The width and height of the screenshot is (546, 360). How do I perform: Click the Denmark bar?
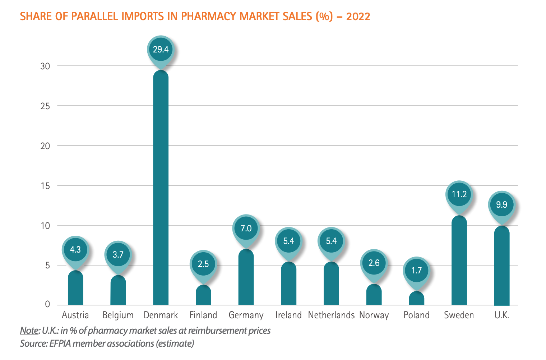tap(161, 187)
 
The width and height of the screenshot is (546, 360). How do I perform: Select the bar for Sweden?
tap(459, 260)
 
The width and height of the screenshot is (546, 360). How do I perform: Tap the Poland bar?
tap(416, 298)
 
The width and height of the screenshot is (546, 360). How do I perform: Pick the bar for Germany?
tap(246, 277)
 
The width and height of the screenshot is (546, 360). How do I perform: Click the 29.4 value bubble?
tap(161, 50)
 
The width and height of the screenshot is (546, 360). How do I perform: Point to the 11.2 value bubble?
tap(459, 194)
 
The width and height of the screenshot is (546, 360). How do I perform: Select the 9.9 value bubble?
tap(501, 205)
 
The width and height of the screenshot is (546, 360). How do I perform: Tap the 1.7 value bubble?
tap(416, 270)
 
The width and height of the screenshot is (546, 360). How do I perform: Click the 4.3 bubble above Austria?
tap(75, 249)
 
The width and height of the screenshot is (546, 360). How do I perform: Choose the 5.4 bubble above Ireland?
tap(288, 241)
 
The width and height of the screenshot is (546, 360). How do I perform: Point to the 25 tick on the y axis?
tap(45, 106)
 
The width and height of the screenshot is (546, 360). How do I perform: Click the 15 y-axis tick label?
tap(45, 186)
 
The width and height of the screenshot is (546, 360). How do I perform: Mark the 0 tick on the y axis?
tap(47, 304)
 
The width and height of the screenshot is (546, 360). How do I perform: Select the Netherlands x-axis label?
tap(331, 315)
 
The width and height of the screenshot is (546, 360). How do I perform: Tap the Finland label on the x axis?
tap(203, 315)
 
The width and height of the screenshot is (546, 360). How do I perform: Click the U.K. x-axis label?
tap(502, 315)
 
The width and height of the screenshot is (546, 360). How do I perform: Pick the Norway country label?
tap(374, 315)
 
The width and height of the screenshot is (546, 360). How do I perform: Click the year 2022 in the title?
tap(358, 17)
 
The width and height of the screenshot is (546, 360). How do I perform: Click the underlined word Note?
tap(29, 331)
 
